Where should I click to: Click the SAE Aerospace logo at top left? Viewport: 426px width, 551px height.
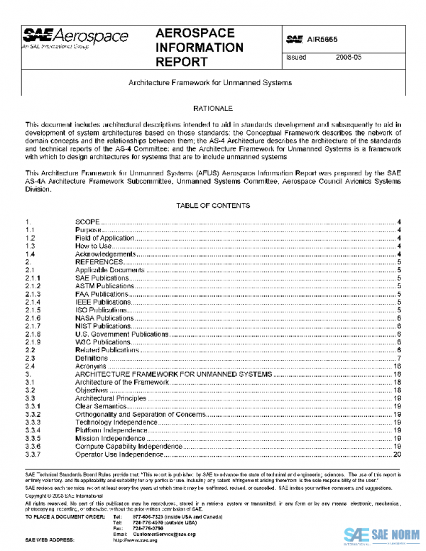(75, 38)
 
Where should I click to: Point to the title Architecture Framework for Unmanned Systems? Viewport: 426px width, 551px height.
(209, 82)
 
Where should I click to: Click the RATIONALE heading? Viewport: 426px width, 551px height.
(213, 109)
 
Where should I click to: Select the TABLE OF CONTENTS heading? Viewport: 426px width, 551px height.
(214, 205)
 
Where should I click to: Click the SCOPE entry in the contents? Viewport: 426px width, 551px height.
(87, 222)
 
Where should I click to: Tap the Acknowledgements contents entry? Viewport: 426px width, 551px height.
(105, 254)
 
